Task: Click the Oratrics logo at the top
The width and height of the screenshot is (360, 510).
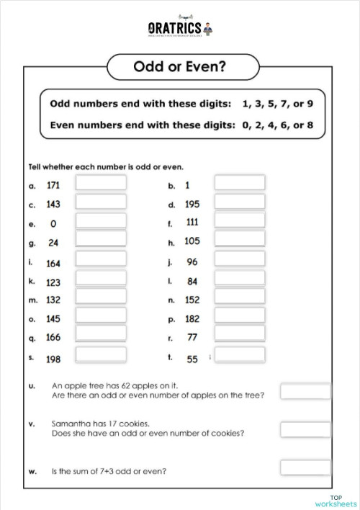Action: pyautogui.click(x=180, y=28)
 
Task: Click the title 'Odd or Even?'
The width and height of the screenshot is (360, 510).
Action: pyautogui.click(x=180, y=67)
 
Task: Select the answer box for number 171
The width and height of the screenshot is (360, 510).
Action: pyautogui.click(x=101, y=184)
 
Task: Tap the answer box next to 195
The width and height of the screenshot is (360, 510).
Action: pyautogui.click(x=240, y=202)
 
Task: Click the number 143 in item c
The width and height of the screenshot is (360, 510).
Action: pyautogui.click(x=53, y=204)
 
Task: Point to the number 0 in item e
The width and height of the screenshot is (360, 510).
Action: pyautogui.click(x=53, y=224)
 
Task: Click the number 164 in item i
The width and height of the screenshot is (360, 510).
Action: pyautogui.click(x=53, y=263)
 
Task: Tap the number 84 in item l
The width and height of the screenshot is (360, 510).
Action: pyautogui.click(x=192, y=281)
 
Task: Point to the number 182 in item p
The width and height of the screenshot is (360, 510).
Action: pyautogui.click(x=192, y=318)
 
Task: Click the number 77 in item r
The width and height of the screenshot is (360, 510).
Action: pyautogui.click(x=192, y=337)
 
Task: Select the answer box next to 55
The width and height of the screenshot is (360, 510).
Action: pyautogui.click(x=240, y=355)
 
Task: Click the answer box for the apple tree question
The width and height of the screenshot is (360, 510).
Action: pyautogui.click(x=305, y=391)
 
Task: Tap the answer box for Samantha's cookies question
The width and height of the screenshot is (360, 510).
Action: pyautogui.click(x=305, y=429)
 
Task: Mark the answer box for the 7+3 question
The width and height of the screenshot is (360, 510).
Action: pyautogui.click(x=305, y=467)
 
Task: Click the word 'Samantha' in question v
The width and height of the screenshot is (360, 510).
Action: pyautogui.click(x=68, y=424)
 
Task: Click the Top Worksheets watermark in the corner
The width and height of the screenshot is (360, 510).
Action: pyautogui.click(x=336, y=501)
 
